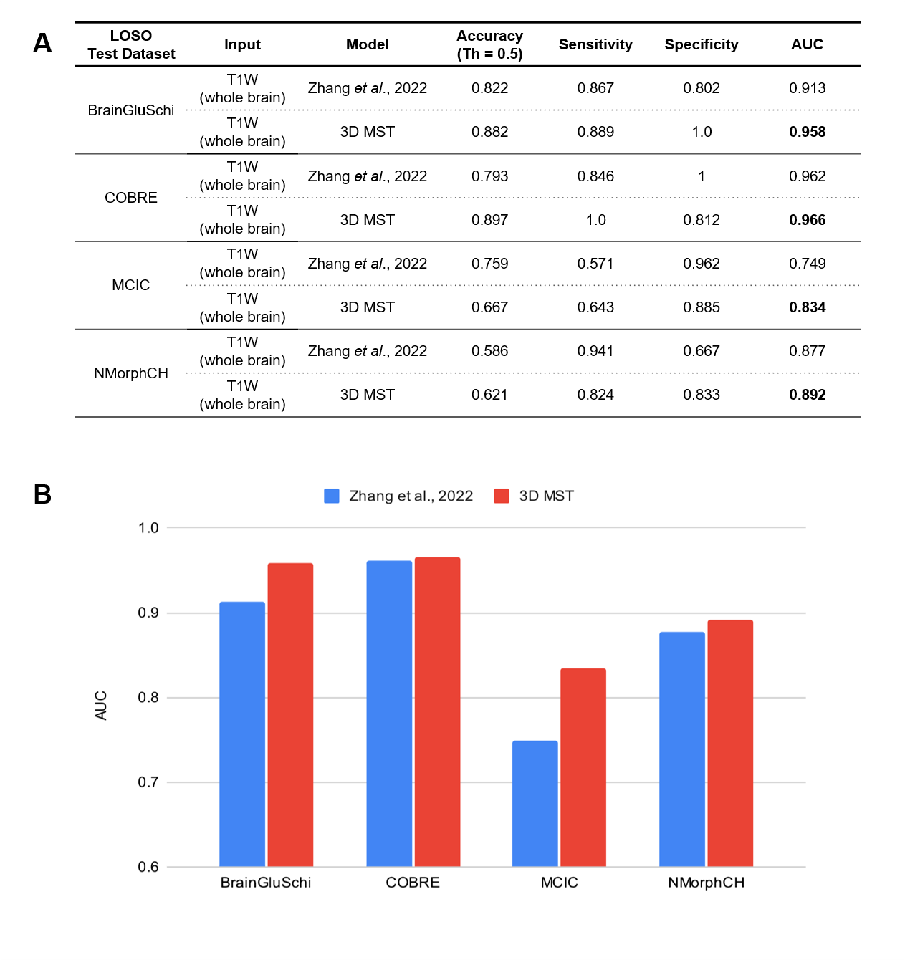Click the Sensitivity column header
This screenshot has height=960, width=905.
tap(595, 44)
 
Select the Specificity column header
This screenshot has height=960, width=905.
tap(701, 44)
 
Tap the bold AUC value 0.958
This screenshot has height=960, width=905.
tap(807, 132)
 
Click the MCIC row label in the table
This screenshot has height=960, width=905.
tap(131, 285)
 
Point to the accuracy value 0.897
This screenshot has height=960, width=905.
tap(489, 220)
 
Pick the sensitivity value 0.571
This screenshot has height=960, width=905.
tap(595, 264)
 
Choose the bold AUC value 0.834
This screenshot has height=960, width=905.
tap(807, 307)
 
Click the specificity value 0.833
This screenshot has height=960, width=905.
tap(701, 395)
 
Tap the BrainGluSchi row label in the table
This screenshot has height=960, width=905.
tap(131, 110)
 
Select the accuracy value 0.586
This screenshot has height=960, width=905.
tap(489, 351)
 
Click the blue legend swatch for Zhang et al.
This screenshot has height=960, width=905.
tap(332, 496)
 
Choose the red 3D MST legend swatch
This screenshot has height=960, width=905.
tap(502, 496)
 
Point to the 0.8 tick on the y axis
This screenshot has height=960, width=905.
tap(148, 697)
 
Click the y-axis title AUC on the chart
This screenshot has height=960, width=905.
tap(101, 706)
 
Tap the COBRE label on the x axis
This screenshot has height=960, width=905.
tap(413, 883)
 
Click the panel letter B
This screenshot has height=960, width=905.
tap(43, 494)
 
